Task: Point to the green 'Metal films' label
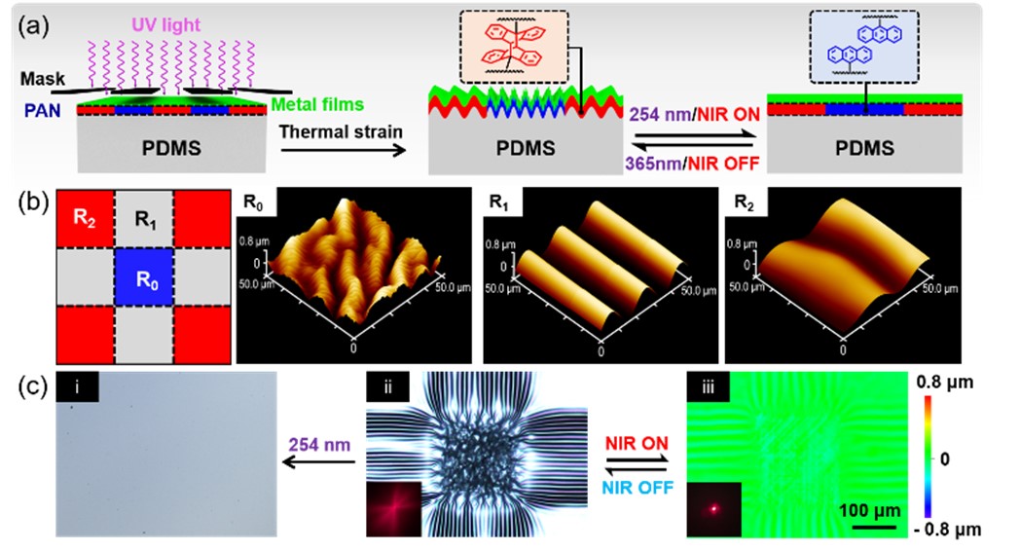click(x=314, y=103)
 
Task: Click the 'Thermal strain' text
click(x=326, y=129)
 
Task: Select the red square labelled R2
click(x=85, y=216)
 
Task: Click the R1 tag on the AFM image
click(x=496, y=203)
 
